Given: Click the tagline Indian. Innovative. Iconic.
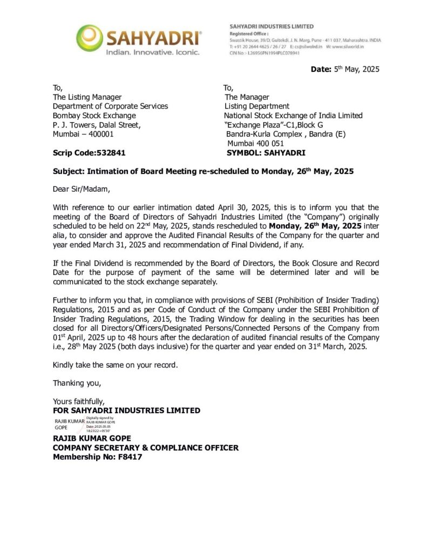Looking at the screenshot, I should coord(152,52).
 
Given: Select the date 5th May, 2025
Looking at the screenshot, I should coord(353,69).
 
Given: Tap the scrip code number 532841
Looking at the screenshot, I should coord(107,153).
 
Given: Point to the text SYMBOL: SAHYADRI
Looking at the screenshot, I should coord(266,153).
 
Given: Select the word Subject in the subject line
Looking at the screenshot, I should coord(68,171).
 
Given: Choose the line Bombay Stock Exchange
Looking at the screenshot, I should coord(94,116).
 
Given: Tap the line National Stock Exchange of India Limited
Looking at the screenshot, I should coord(293,116).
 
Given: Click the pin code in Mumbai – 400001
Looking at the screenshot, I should coord(99,134).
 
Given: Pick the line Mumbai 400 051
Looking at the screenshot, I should coord(255,144).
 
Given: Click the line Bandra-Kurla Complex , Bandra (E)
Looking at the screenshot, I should coord(286,134).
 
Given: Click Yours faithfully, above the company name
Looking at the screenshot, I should coord(78,401).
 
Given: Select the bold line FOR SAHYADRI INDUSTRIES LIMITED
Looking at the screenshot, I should coord(126,410).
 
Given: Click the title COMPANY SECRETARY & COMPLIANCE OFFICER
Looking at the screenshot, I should coord(145,448).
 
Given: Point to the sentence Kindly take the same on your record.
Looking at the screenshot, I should coord(115,365).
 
